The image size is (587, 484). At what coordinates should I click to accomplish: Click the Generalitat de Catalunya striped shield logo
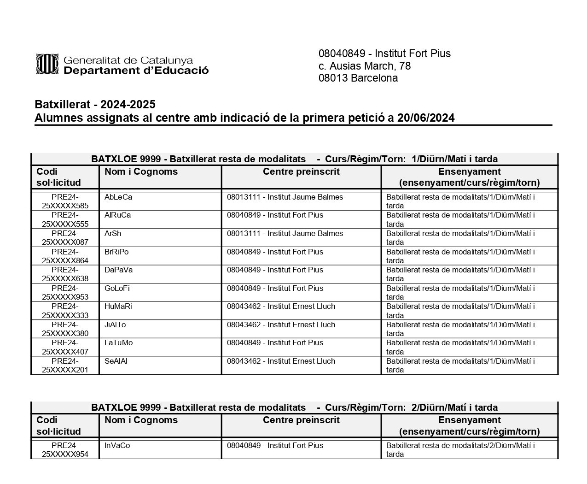(x=47, y=64)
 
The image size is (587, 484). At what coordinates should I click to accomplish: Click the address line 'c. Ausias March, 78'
(x=364, y=66)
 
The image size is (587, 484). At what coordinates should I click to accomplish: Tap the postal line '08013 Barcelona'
(x=358, y=78)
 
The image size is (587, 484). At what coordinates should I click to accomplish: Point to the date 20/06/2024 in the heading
(x=426, y=118)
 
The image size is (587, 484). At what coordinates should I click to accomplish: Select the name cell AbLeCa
(x=118, y=197)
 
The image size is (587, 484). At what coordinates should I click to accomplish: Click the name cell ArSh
(x=113, y=234)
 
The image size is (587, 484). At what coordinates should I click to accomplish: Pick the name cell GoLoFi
(x=117, y=289)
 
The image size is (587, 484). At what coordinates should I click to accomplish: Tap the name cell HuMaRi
(x=118, y=307)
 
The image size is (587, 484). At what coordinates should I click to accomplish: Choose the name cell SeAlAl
(x=116, y=361)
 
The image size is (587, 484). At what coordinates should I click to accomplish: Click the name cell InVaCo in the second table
(x=117, y=446)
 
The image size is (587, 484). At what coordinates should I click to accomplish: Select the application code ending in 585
(x=65, y=201)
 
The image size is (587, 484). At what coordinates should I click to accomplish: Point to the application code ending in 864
(x=65, y=256)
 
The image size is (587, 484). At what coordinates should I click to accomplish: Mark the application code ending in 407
(x=65, y=347)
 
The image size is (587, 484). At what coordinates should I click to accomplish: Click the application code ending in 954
(x=65, y=450)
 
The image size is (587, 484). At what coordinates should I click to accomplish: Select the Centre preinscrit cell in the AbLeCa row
(x=285, y=197)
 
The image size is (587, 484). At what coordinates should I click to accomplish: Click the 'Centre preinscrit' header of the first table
(x=301, y=172)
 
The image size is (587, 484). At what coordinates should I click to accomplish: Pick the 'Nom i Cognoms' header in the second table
(x=141, y=420)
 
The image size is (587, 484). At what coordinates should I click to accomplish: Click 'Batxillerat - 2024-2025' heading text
(x=95, y=104)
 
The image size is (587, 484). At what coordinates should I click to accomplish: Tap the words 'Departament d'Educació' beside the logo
(x=136, y=71)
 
